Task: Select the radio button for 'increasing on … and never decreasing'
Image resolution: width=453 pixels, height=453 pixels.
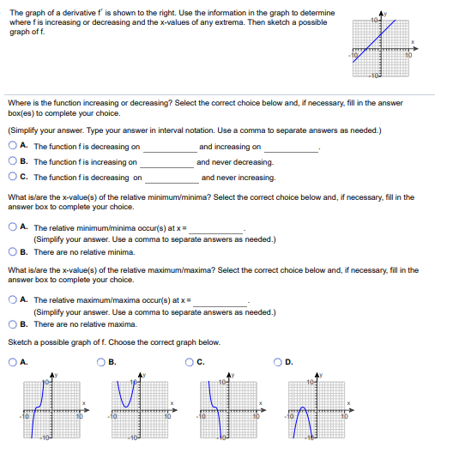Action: [x=13, y=161]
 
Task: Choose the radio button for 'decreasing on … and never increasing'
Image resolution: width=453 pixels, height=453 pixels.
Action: [x=13, y=178]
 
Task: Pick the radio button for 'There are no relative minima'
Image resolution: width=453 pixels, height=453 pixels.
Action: [x=13, y=252]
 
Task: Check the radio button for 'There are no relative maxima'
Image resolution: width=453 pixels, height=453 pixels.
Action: [x=13, y=324]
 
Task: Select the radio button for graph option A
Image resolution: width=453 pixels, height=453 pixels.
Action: [x=12, y=361]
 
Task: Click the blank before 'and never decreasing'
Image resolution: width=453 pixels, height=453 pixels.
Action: [x=166, y=161]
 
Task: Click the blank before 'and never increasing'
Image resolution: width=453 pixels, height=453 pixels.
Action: [x=171, y=178]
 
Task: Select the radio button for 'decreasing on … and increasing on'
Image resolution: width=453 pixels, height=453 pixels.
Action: [x=13, y=146]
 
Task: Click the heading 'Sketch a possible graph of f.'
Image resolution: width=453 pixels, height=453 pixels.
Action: [x=102, y=342]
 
